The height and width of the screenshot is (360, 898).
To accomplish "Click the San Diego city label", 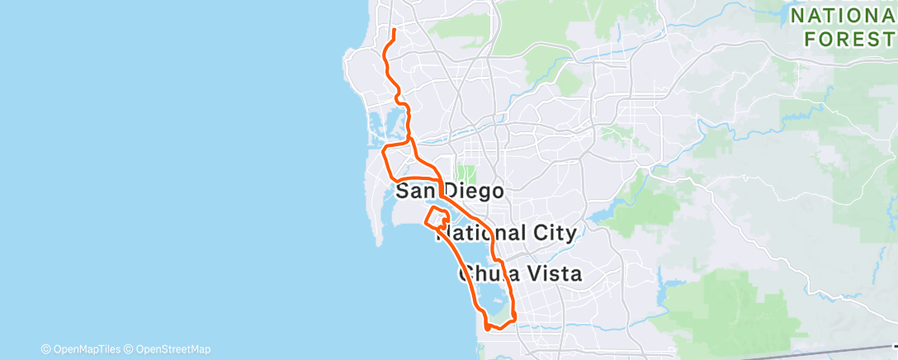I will tap(450, 192).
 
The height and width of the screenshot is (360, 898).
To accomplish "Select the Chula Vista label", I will tap(520, 273).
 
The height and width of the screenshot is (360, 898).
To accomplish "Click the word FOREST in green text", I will tap(851, 38).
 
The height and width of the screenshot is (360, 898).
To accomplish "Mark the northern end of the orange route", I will tap(395, 31).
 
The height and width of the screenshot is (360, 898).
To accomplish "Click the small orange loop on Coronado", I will tap(437, 217).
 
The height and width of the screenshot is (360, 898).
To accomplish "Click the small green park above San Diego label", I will tap(467, 174).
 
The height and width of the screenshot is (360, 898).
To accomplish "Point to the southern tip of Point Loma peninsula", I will tap(378, 244).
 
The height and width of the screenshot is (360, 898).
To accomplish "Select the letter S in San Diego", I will tap(404, 192).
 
